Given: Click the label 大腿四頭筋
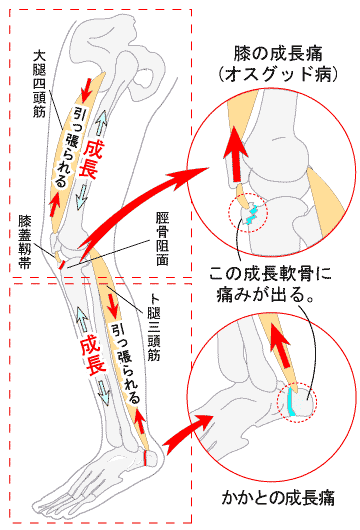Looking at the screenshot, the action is click(x=40, y=85).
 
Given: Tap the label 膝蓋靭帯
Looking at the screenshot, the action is click(x=25, y=242).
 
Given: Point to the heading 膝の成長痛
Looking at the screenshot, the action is click(x=278, y=54).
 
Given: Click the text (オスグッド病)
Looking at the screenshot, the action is click(x=278, y=75).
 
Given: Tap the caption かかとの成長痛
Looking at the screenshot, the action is click(x=278, y=498).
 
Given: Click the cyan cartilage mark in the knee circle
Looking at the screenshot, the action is click(x=252, y=214).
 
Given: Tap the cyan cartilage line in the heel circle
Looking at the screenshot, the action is click(x=291, y=401).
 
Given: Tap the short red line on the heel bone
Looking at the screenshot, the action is click(x=145, y=458).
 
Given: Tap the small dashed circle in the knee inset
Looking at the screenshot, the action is click(x=248, y=213).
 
